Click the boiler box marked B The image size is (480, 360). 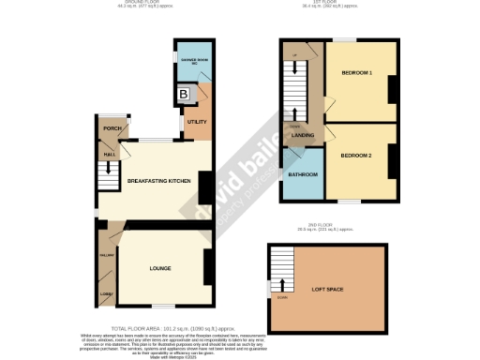[x=184, y=95]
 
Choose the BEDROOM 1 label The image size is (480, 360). [x=356, y=73]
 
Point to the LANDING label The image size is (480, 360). [x=302, y=136]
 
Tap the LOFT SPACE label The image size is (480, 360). [x=327, y=289]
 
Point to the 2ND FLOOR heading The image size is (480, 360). [x=325, y=225]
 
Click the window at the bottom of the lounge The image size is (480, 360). [x=164, y=307]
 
